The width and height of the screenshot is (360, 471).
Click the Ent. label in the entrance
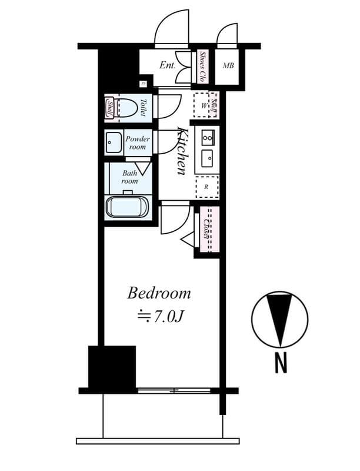coord(168,65)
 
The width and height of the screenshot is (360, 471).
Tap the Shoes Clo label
coord(203,65)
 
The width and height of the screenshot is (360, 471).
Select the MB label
coord(228,65)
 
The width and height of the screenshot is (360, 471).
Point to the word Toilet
coord(143,107)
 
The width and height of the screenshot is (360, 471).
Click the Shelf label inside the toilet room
coord(110,107)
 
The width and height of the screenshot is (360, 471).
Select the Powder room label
coord(138,143)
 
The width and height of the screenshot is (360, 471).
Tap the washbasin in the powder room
coord(113,143)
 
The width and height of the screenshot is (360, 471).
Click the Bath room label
coord(129,177)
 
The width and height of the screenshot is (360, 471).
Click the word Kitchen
coord(182,150)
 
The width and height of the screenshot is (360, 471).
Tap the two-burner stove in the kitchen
coord(207,138)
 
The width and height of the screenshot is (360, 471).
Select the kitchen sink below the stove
coord(207,158)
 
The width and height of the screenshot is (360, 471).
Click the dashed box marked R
coord(206,187)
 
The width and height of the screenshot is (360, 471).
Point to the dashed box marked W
coord(204,106)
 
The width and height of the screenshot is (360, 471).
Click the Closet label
coord(208,229)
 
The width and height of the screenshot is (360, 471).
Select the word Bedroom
coord(159,293)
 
